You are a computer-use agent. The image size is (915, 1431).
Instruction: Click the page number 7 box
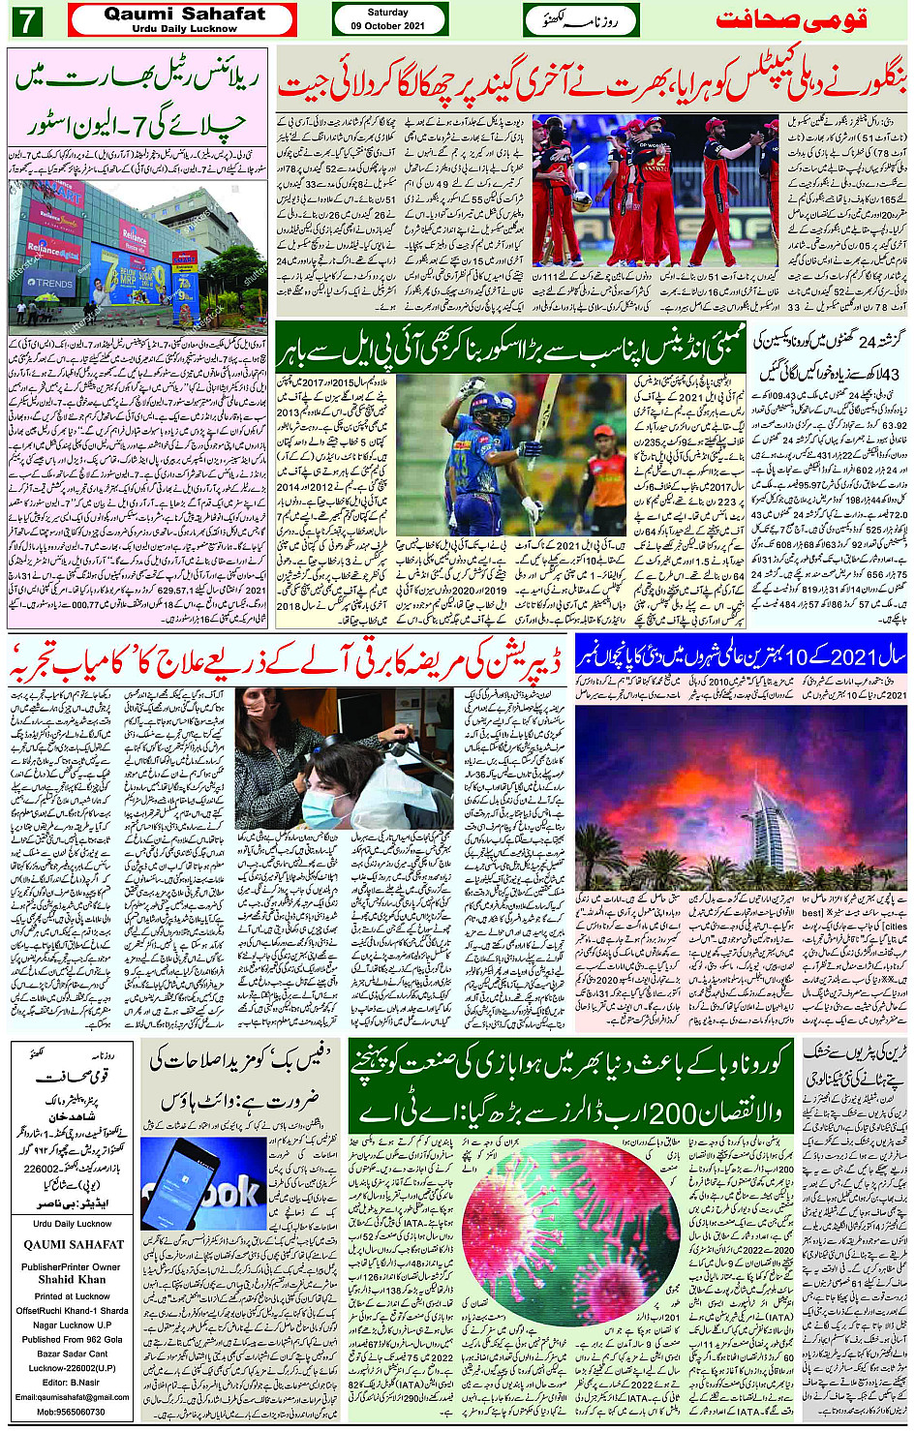(26, 19)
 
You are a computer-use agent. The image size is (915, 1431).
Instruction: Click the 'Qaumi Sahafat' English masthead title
(184, 14)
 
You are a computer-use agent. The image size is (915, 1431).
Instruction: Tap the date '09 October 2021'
(388, 26)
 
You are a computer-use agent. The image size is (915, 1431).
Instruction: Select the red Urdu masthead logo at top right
(791, 20)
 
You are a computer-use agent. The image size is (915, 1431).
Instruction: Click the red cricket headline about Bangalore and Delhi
(592, 85)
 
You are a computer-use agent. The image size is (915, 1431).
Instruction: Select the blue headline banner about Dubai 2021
(741, 656)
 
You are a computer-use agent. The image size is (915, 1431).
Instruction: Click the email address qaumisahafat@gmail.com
(72, 1397)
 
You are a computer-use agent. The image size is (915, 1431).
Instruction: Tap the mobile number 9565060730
(72, 1412)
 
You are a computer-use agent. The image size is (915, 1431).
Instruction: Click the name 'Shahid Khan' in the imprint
(72, 1279)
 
